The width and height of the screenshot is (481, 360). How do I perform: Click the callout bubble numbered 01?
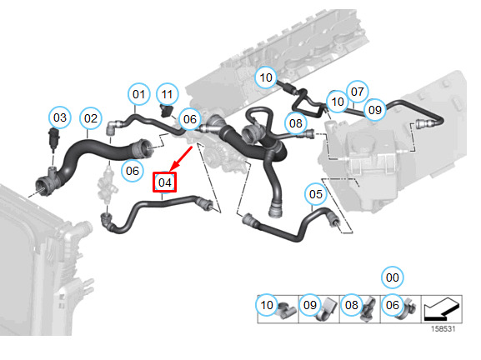[x=138, y=94]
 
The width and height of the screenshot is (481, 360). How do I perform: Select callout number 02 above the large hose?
[x=91, y=118]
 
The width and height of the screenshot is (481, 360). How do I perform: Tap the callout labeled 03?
[x=60, y=117]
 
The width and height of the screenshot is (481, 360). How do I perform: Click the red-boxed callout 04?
[x=165, y=182]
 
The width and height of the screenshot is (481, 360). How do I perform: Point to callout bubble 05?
[x=316, y=194]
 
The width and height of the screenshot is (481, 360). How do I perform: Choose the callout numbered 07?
[x=358, y=92]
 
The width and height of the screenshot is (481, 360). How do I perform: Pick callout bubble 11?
[x=167, y=94]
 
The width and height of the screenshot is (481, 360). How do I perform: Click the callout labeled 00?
[x=393, y=277]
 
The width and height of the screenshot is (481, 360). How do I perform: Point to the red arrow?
[x=181, y=158]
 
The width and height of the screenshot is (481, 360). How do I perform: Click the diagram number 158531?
[x=443, y=328]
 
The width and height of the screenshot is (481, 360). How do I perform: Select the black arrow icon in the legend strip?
[x=442, y=310]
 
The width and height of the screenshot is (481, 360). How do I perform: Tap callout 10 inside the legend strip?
[x=267, y=305]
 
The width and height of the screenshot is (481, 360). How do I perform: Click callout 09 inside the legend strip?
[x=310, y=305]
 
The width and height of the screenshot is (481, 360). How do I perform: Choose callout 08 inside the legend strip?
[x=352, y=305]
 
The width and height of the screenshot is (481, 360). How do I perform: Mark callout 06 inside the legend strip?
[x=393, y=305]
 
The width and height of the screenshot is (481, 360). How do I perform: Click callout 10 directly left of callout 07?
[x=338, y=102]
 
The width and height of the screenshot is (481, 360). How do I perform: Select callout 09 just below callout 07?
[x=375, y=110]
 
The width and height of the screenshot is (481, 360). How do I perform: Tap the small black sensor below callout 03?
[x=53, y=139]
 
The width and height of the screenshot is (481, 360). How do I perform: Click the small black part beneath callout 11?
[x=167, y=110]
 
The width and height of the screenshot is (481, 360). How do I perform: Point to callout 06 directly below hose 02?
[x=133, y=171]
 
